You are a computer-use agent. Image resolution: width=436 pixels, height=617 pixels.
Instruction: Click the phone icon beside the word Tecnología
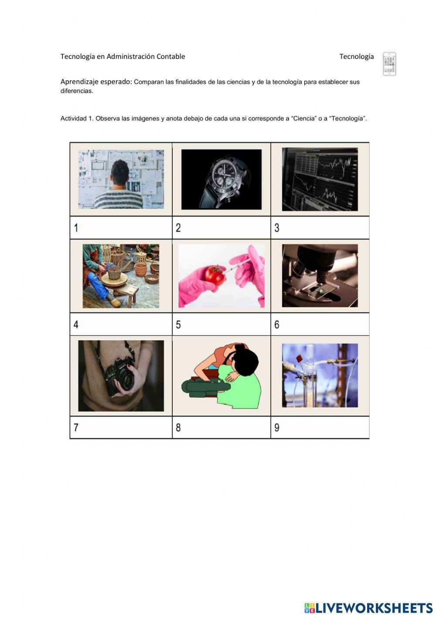click(x=389, y=64)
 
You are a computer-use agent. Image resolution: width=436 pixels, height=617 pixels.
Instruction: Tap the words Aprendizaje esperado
click(x=96, y=82)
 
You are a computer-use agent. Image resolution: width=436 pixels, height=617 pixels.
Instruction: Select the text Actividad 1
click(x=77, y=118)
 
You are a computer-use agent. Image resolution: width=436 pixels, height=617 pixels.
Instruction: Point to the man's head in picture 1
click(x=120, y=173)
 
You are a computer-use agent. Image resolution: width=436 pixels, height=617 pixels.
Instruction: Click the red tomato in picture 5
click(x=215, y=276)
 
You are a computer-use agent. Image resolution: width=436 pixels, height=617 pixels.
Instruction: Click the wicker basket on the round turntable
click(x=114, y=272)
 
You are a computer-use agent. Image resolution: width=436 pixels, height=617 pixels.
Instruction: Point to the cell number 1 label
click(x=76, y=228)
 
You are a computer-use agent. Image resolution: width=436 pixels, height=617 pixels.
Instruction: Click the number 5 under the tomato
click(x=178, y=324)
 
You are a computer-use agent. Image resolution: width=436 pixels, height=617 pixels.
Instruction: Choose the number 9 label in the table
click(x=277, y=427)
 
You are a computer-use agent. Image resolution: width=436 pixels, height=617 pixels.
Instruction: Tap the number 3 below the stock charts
click(x=277, y=228)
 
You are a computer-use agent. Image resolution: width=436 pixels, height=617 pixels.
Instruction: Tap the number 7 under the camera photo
click(x=76, y=427)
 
